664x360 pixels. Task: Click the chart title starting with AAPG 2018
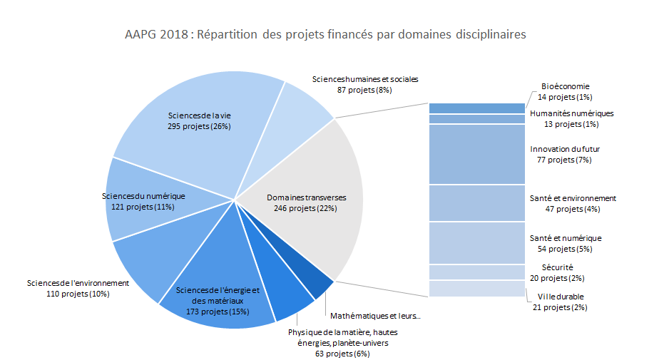pos(325,34)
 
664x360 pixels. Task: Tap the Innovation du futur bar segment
pos(477,154)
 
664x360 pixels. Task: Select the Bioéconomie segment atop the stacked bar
pos(477,108)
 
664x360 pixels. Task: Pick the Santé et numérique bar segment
pos(477,243)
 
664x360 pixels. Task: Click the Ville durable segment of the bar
pos(477,289)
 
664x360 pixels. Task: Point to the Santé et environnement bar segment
pos(477,203)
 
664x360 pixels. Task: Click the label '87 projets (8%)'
pos(364,90)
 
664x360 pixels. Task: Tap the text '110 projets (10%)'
pos(78,294)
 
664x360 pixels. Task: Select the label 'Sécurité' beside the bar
pos(557,267)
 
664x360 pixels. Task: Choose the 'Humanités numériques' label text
pos(572,113)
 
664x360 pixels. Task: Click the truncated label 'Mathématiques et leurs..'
pos(376,316)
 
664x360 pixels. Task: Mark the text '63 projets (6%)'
pos(342,354)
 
